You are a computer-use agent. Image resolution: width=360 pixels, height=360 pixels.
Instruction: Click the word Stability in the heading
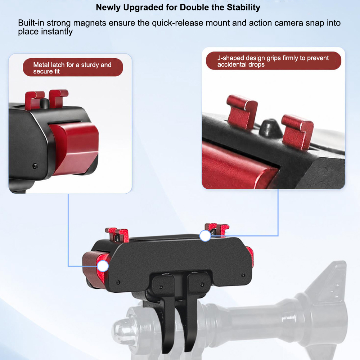(x=243, y=8)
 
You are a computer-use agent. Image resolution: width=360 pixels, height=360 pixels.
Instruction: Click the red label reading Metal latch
(x=73, y=67)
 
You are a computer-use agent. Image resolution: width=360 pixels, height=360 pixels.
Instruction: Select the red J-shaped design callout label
(x=274, y=61)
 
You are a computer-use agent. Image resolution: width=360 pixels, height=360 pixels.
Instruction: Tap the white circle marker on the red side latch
(x=103, y=266)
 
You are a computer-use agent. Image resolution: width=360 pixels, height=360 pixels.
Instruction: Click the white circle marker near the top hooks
(x=205, y=235)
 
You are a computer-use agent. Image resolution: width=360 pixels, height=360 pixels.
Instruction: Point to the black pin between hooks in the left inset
(x=45, y=104)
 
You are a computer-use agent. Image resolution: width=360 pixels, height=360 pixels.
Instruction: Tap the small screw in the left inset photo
(x=35, y=166)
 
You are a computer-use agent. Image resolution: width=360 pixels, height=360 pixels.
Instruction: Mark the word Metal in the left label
(x=41, y=65)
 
